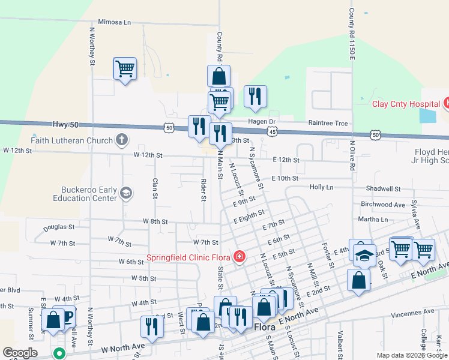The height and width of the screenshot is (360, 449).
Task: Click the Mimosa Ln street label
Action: (114, 23)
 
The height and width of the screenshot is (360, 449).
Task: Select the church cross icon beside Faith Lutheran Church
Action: (121, 141)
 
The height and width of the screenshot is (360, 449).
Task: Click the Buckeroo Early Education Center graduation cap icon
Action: (126, 193)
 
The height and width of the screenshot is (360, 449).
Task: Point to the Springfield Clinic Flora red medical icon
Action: (240, 257)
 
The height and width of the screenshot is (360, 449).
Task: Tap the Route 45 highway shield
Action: (273, 131)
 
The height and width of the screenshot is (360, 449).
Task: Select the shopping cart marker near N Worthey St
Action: (125, 69)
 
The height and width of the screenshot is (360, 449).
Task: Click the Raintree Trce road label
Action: (328, 123)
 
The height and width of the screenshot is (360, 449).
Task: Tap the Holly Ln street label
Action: (321, 187)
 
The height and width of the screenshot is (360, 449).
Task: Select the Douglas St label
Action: (59, 227)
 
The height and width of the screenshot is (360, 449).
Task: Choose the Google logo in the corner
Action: (20, 353)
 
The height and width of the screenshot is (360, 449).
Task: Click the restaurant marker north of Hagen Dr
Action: (255, 96)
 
